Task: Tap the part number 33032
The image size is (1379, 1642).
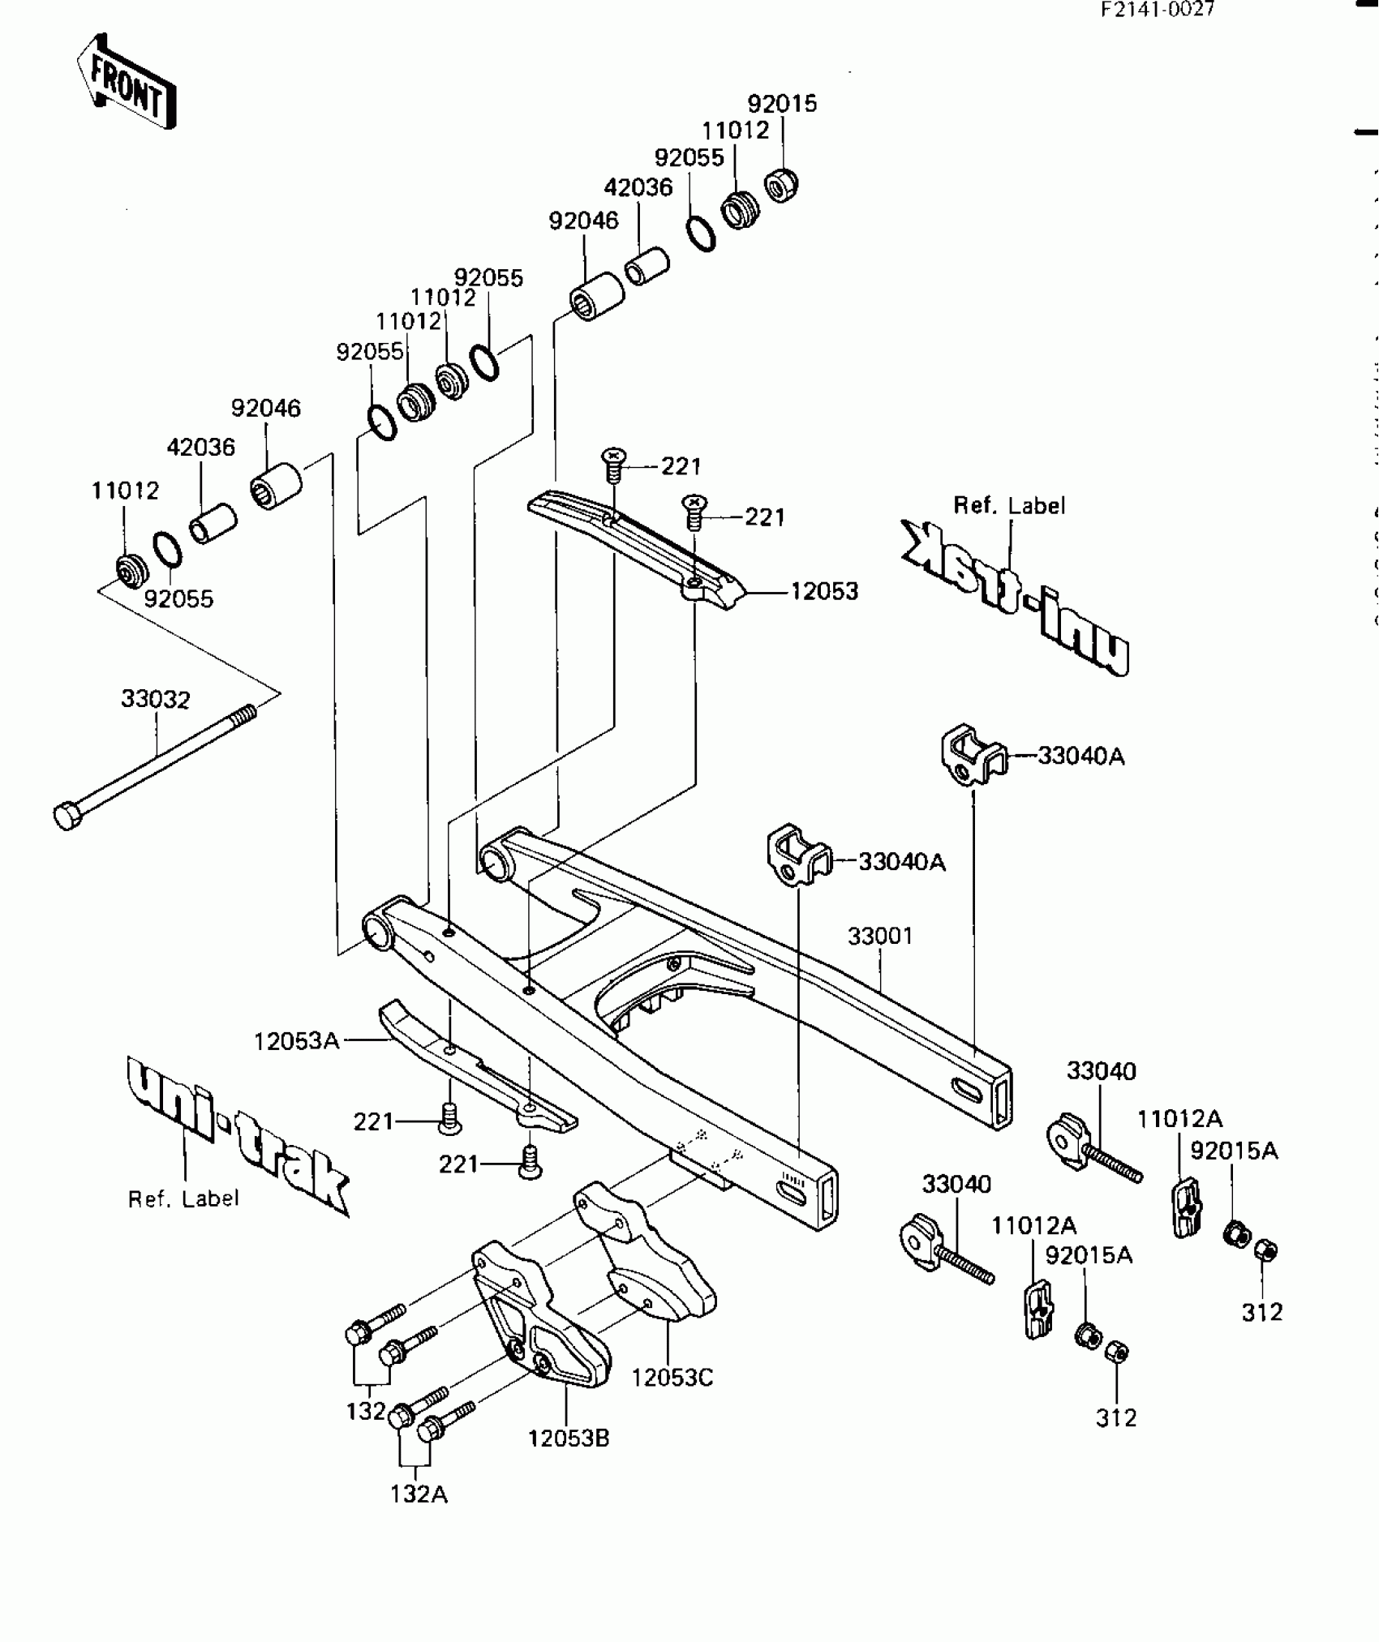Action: pos(156,699)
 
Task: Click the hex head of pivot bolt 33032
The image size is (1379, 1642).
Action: pos(67,815)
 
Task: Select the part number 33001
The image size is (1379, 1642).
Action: pos(881,936)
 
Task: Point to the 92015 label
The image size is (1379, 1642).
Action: pos(782,104)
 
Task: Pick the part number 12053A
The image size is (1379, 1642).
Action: pos(296,1041)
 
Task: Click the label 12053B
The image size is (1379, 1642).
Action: pos(569,1438)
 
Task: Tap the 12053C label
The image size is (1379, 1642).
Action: pos(672,1377)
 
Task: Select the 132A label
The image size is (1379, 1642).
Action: pos(419,1494)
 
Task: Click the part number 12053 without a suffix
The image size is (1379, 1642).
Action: pos(824,591)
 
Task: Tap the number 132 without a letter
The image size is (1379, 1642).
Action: pos(365,1411)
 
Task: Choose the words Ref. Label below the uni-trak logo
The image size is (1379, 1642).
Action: pos(184,1198)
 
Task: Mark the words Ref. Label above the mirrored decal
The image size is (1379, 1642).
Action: pos(1009,505)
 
